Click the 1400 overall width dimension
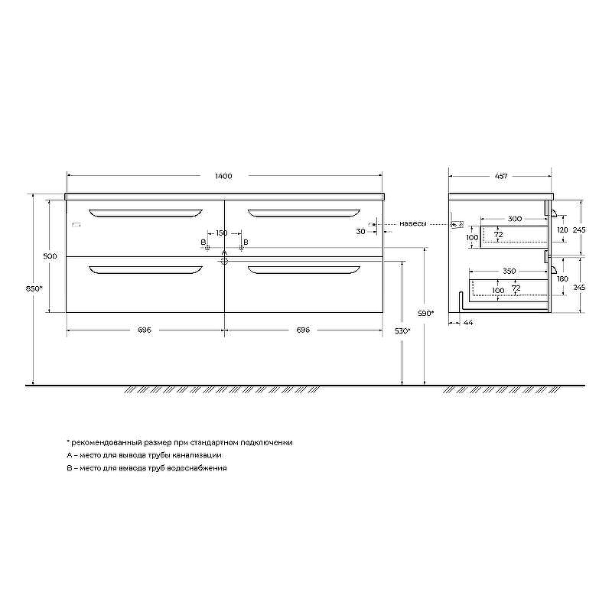[223, 177]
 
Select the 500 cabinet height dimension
[50, 256]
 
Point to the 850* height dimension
[34, 288]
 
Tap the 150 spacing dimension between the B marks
[221, 233]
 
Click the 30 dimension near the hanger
[360, 231]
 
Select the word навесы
[413, 224]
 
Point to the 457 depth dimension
[501, 177]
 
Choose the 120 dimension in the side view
[562, 229]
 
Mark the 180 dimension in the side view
[562, 279]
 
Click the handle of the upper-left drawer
[145, 212]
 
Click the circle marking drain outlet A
[224, 261]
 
